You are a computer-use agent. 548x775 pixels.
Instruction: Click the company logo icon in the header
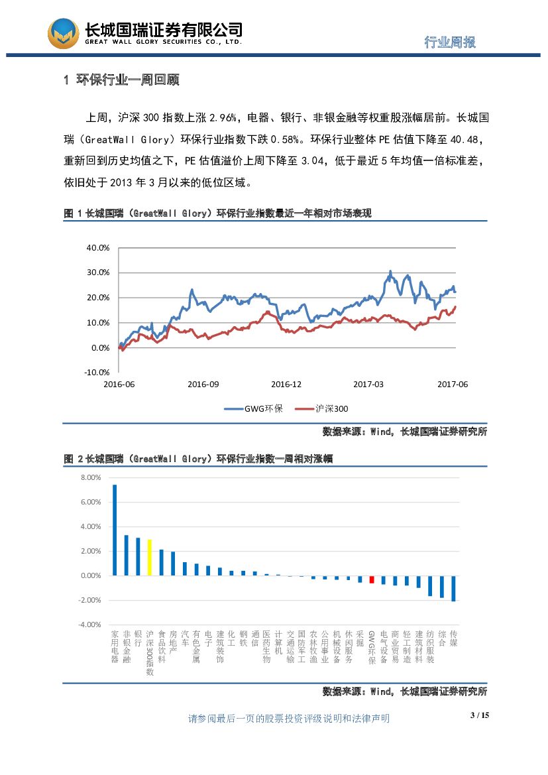coord(63,33)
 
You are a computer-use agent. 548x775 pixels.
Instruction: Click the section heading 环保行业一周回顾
coord(121,80)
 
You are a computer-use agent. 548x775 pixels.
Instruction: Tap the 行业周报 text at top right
coord(450,42)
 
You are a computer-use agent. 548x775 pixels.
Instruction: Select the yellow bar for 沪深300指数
coord(150,558)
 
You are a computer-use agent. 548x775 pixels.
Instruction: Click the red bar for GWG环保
coord(372,579)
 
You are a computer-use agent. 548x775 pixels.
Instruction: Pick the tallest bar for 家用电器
coord(115,530)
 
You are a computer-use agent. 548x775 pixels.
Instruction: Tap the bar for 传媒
coord(453,588)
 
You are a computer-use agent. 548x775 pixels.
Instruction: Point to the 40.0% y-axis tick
coord(98,248)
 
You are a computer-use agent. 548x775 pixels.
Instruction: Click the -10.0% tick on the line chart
coord(97,373)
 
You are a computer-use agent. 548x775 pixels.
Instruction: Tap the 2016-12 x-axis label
coord(286,385)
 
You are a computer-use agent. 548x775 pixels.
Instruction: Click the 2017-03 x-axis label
coord(368,385)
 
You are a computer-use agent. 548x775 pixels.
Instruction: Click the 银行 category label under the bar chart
coord(138,638)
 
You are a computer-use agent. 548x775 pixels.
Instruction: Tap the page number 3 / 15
coord(478,715)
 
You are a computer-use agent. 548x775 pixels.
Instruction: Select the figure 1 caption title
coord(217,213)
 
